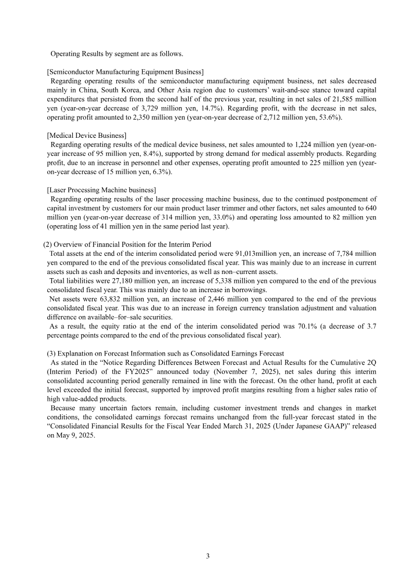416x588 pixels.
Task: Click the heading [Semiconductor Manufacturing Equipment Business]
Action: [x=125, y=71]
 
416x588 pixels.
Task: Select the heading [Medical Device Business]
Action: [x=86, y=135]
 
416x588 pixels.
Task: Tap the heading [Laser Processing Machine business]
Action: [x=101, y=190]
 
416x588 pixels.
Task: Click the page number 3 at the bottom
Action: [x=207, y=556]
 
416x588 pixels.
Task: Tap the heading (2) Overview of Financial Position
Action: [x=127, y=244]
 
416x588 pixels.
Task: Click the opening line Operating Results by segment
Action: [x=116, y=53]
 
